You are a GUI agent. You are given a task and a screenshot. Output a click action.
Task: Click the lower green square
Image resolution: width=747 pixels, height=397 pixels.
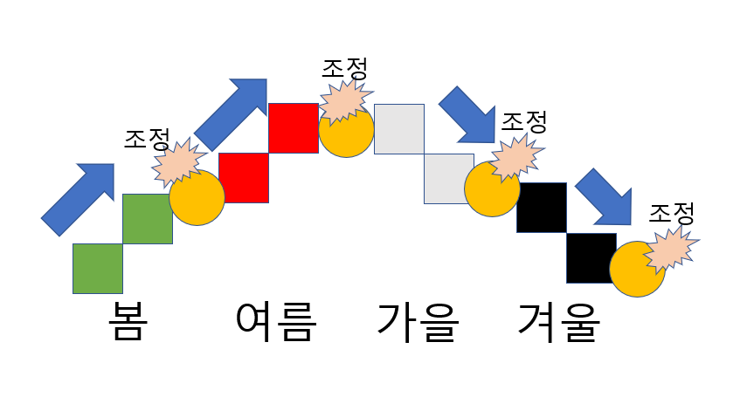pos(97,269)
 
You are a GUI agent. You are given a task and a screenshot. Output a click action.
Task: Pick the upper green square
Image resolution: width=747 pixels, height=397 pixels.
pos(147,219)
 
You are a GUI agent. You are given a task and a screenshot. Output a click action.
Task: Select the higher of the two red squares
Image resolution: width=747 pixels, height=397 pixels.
pos(294,128)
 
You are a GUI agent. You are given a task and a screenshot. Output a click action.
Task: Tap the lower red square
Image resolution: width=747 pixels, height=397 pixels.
pos(244,178)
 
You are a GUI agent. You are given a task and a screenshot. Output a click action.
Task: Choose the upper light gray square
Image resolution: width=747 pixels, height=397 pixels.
pos(399,128)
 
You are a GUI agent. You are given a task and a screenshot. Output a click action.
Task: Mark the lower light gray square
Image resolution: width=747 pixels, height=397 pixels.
pos(449,178)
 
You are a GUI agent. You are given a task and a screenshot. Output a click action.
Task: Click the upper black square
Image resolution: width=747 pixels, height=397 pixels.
pos(542,208)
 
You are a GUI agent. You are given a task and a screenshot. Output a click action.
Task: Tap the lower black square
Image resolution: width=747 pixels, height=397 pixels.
pos(591,258)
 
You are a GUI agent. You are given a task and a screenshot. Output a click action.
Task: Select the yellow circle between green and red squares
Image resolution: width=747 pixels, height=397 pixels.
pos(197,199)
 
